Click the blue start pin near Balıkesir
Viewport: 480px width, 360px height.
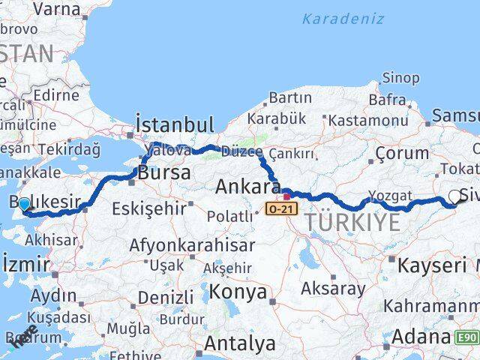coord(24,204)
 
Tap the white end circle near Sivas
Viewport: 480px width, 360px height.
coord(454,197)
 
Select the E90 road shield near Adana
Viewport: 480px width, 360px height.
coord(468,338)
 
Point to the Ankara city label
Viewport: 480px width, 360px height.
coord(247,186)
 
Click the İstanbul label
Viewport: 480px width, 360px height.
coord(174,124)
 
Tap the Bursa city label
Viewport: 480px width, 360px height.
coord(163,173)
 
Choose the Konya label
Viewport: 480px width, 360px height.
coord(238,292)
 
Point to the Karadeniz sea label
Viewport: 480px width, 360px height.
coord(343,19)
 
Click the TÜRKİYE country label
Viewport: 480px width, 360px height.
coord(352,222)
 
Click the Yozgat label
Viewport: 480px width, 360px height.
coord(391,196)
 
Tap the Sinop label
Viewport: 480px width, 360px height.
coord(400,77)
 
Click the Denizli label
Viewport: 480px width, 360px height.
coord(166,298)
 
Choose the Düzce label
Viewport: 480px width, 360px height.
coord(241,151)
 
